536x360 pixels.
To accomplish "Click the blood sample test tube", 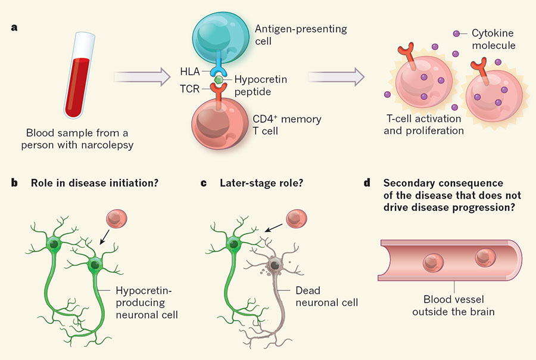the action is pos(79,75).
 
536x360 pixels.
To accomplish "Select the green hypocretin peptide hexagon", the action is pos(219,80).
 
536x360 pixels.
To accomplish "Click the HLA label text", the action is pos(190,72).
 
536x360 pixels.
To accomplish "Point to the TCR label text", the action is pos(190,89).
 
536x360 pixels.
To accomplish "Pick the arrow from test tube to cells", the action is pos(142,77).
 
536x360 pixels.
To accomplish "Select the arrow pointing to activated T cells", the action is pos(336,77).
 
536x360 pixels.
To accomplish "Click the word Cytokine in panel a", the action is pos(493,33).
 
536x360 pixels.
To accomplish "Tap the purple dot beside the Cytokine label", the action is pos(456,33).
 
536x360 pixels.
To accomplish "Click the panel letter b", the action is pos(14,183).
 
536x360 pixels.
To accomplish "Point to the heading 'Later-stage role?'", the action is pos(261,183).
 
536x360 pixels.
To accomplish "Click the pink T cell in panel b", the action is pos(117,219).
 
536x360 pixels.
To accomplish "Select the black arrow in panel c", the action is pos(273,228).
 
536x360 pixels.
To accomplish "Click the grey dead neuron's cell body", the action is pos(275,265).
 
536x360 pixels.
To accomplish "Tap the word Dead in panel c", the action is pos(308,290).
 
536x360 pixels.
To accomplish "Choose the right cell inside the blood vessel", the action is pos(485,257).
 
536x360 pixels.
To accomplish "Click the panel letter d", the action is pos(367,183).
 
